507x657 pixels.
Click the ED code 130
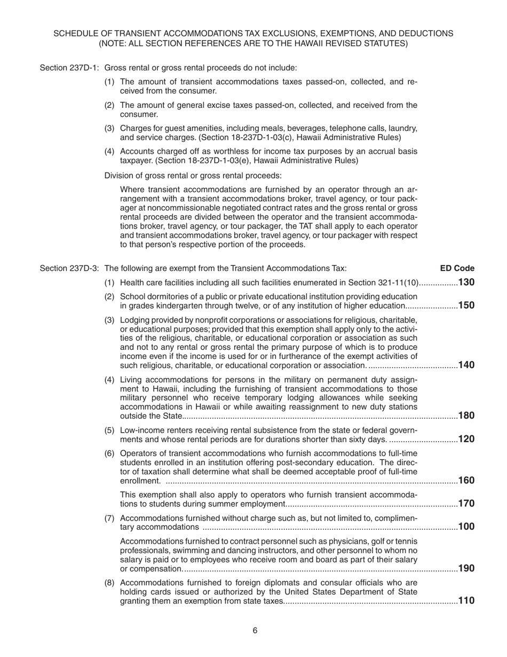[x=466, y=283]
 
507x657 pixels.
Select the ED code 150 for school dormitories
[x=466, y=306]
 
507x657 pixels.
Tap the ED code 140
[x=466, y=365]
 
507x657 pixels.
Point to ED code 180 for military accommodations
[x=466, y=416]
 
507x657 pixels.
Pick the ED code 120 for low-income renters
[x=466, y=439]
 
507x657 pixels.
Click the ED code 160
[x=466, y=480]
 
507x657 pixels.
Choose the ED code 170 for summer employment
[x=466, y=503]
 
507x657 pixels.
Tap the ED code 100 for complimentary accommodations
[x=466, y=527]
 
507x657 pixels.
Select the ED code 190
[x=466, y=568]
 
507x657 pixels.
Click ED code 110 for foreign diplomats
[x=466, y=600]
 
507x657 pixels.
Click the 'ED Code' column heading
[x=457, y=268]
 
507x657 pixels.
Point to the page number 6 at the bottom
[x=255, y=630]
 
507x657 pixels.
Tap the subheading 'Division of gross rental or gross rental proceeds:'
[x=193, y=176]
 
